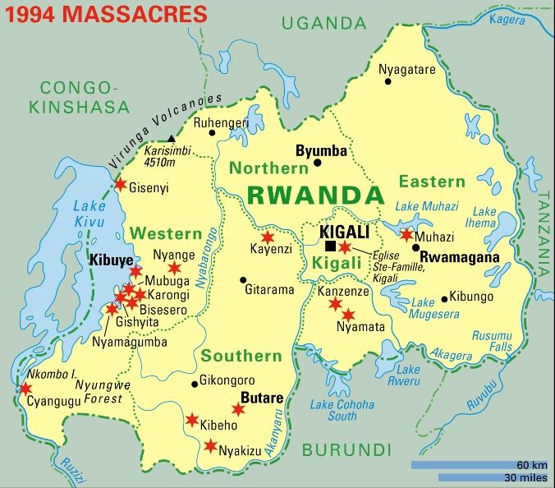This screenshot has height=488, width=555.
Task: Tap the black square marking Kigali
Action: (330, 246)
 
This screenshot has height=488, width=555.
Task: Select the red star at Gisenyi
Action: (121, 184)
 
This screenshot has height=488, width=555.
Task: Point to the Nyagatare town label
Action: (406, 70)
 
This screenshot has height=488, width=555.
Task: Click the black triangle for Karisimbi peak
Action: (171, 138)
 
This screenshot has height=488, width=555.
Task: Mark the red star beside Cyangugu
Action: (25, 388)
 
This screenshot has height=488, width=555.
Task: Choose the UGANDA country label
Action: (324, 24)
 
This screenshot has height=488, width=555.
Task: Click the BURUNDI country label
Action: (346, 449)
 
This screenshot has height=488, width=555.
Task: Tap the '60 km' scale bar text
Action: (533, 465)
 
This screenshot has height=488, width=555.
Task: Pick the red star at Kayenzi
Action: (267, 237)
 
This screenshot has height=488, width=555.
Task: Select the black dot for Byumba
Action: (318, 163)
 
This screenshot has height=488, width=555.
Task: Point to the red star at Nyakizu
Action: (210, 446)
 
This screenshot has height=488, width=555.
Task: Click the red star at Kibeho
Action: (192, 420)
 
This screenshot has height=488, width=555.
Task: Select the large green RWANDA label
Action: (315, 196)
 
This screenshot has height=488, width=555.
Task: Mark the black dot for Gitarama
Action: (243, 279)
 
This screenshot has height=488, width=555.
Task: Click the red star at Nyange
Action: (174, 268)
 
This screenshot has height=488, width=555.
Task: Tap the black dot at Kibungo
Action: (444, 298)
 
